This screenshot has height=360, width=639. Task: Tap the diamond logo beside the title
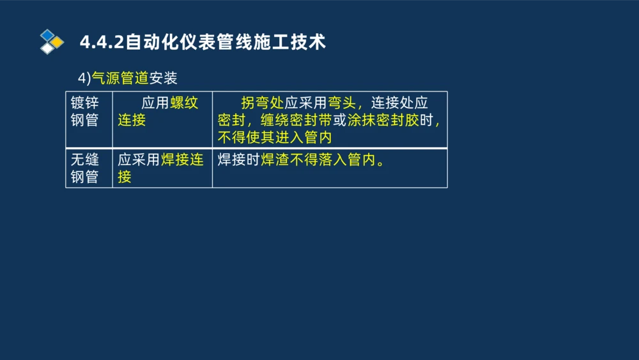(51, 42)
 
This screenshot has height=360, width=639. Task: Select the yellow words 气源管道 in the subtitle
(120, 78)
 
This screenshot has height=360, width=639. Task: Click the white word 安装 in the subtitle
(163, 78)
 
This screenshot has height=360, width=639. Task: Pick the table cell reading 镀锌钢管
(84, 111)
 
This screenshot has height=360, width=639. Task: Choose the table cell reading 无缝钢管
(84, 168)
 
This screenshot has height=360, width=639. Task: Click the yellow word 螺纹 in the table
(184, 104)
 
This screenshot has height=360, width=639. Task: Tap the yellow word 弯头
(342, 104)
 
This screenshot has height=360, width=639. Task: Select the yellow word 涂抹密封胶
(383, 120)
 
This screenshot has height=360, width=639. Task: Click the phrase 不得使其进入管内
(274, 137)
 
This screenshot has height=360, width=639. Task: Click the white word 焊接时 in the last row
(238, 160)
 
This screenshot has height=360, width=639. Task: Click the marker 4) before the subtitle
(84, 78)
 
